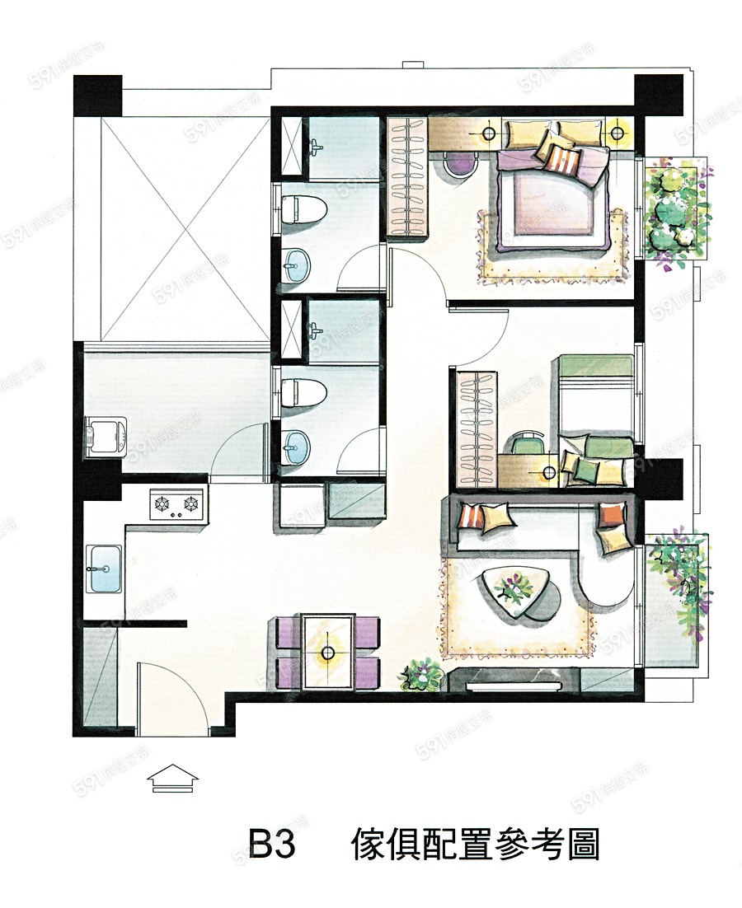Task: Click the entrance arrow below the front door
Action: (x=173, y=778)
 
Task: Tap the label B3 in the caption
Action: (x=272, y=845)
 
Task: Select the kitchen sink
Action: (x=104, y=569)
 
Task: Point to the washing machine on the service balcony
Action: (x=106, y=437)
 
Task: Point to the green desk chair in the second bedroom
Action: (x=527, y=443)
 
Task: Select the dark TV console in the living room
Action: (x=514, y=680)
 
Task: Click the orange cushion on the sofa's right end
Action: (x=611, y=515)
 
